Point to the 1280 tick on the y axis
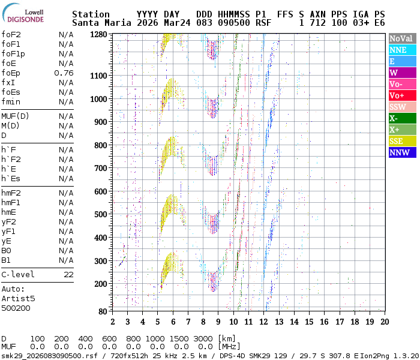coord(98,35)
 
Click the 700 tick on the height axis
coord(101,169)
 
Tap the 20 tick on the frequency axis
coord(384,322)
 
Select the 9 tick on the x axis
coord(218,322)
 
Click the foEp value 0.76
coord(64,73)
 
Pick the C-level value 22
coord(68,274)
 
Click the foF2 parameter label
coord(11,35)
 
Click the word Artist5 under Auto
coord(18,298)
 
